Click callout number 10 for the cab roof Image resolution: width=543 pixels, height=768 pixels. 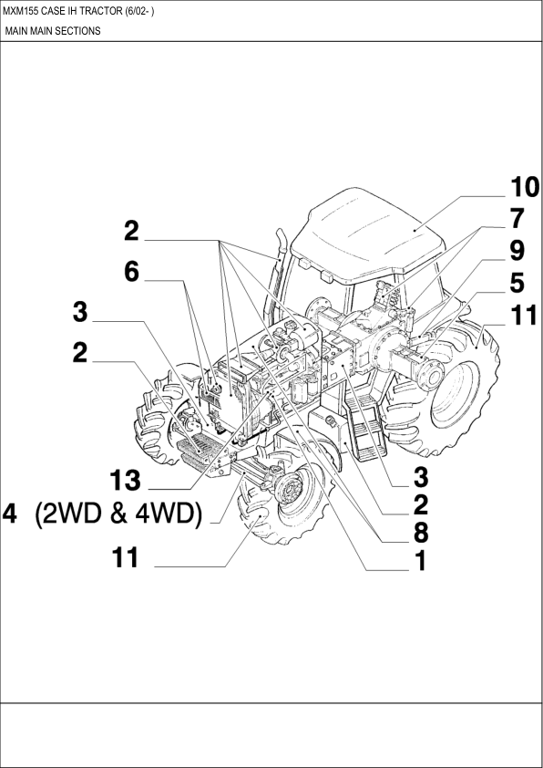[x=523, y=187]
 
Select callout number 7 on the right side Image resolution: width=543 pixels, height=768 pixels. [x=517, y=219]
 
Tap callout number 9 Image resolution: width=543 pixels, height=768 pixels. [x=517, y=249]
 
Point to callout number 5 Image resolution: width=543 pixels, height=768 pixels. [x=517, y=282]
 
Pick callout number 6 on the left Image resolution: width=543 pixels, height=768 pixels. [x=132, y=272]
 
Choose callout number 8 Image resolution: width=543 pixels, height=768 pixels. [x=421, y=531]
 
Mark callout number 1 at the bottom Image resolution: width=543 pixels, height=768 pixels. [x=421, y=561]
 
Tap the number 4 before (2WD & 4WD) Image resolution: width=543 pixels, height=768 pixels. [x=10, y=514]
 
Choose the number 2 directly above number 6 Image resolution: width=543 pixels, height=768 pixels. [x=132, y=231]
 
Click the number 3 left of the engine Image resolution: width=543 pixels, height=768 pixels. [x=81, y=313]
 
